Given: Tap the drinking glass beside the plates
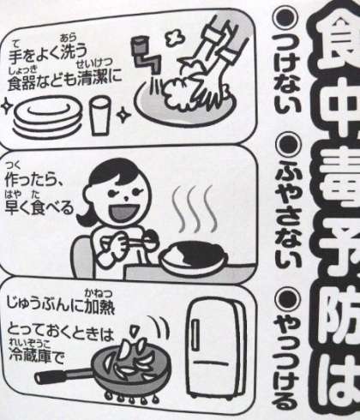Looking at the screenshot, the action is [99, 115].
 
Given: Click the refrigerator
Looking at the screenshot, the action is [215, 348].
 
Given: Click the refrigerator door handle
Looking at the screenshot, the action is [195, 335].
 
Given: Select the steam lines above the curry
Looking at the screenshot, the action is [194, 208].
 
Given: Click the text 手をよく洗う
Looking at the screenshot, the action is [47, 54].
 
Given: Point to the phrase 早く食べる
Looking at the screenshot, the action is [39, 207].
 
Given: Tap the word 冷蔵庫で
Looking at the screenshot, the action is [37, 355].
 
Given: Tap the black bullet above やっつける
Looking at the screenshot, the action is [289, 299].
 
